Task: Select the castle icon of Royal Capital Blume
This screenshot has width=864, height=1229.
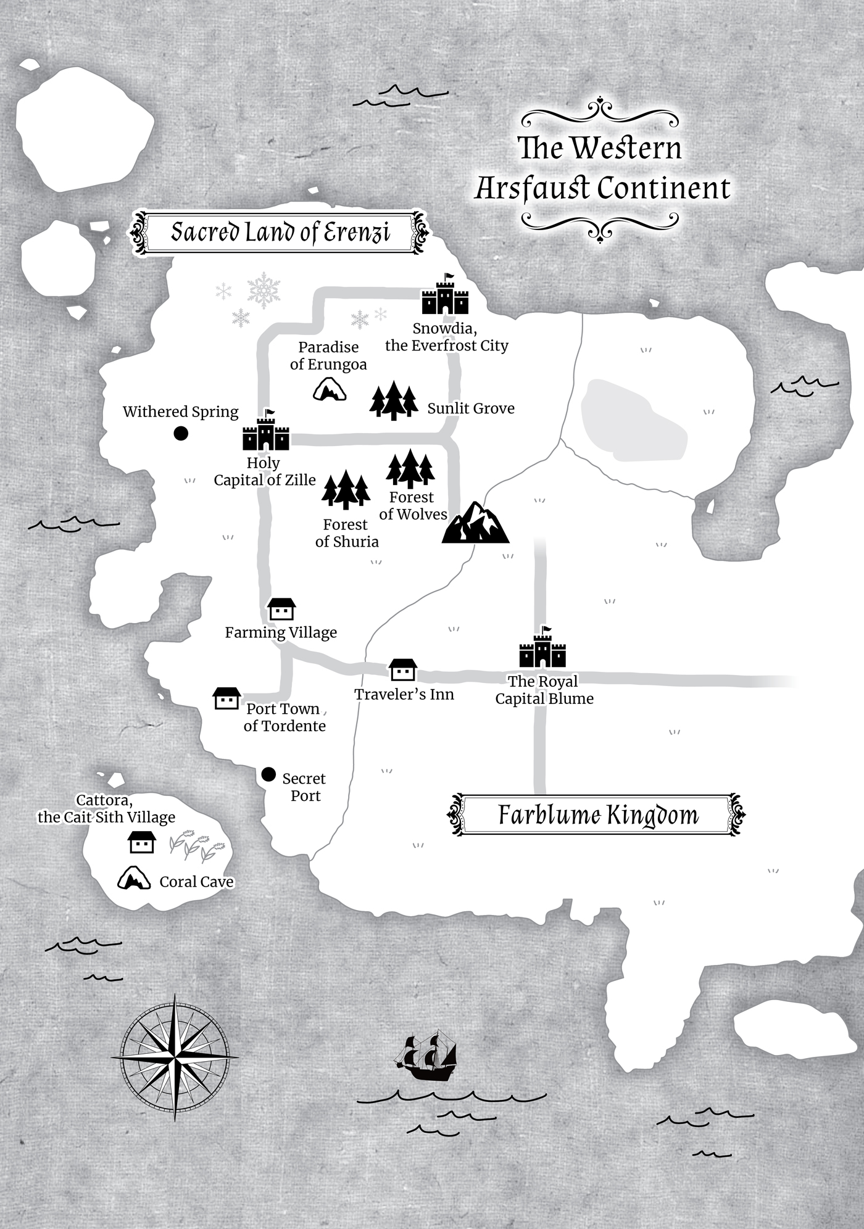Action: pyautogui.click(x=542, y=650)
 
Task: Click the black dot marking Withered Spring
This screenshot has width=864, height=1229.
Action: pyautogui.click(x=181, y=434)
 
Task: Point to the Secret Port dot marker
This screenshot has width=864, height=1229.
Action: pyautogui.click(x=268, y=774)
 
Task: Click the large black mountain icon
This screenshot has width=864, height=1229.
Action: pyautogui.click(x=475, y=523)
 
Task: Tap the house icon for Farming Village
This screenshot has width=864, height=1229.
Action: pyautogui.click(x=281, y=610)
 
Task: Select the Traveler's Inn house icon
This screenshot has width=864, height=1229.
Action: pyautogui.click(x=403, y=670)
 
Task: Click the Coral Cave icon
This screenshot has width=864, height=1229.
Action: pyautogui.click(x=135, y=878)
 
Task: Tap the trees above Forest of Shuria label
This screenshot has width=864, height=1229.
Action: pyautogui.click(x=346, y=490)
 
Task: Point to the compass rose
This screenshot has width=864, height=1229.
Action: pyautogui.click(x=175, y=1057)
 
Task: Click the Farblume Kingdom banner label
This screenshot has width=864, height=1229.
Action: pyautogui.click(x=597, y=815)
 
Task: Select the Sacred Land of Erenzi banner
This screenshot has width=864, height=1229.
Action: pyautogui.click(x=280, y=233)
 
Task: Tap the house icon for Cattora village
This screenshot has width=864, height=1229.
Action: pyautogui.click(x=141, y=842)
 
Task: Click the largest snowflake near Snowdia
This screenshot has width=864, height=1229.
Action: pyautogui.click(x=264, y=290)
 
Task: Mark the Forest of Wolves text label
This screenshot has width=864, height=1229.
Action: pyautogui.click(x=412, y=506)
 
